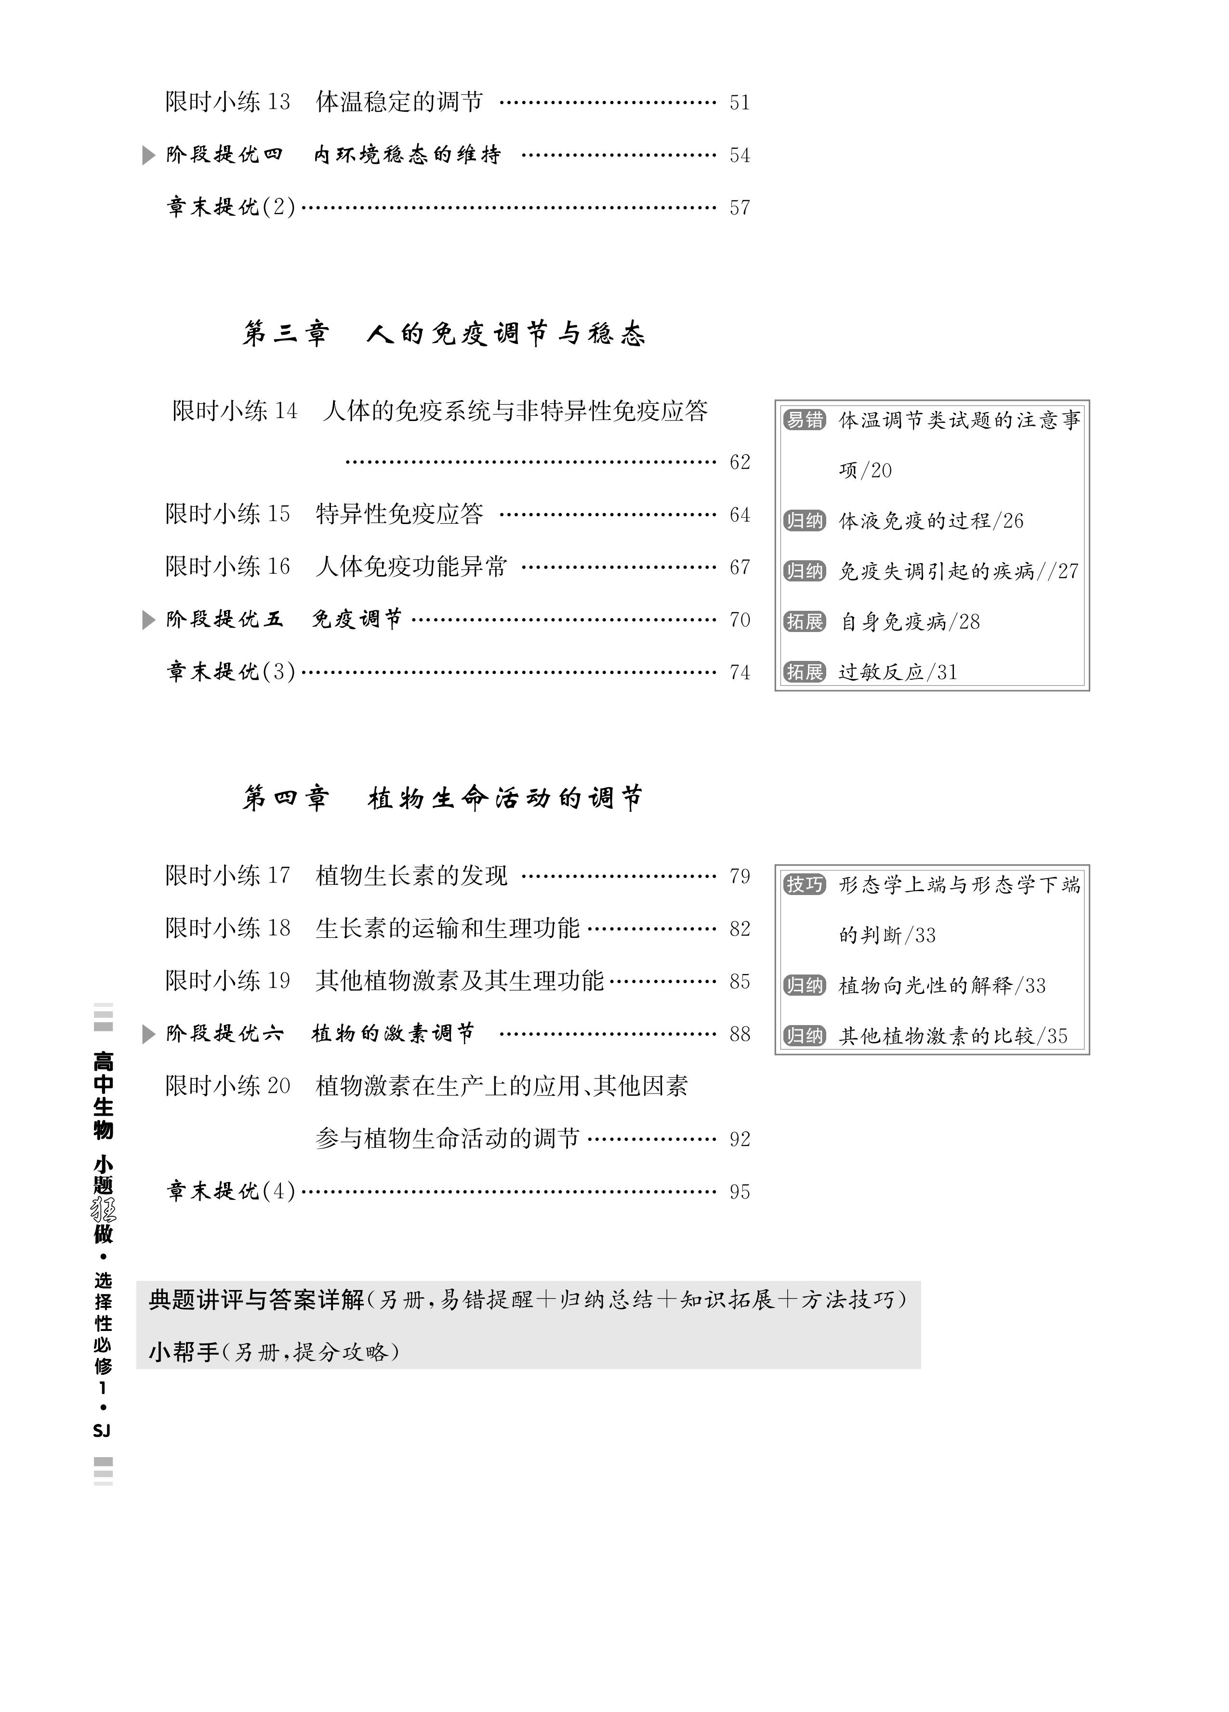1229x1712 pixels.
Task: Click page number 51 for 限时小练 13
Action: (x=739, y=103)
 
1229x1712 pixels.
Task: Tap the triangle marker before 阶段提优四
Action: (x=149, y=156)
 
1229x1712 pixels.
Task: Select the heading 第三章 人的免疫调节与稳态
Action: (x=443, y=334)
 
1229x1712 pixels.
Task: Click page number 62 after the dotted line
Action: (x=739, y=462)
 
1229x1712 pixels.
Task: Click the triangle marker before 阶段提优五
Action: (x=149, y=620)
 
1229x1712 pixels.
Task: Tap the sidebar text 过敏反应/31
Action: (x=898, y=672)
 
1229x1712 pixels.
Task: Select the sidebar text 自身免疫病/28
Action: (x=910, y=622)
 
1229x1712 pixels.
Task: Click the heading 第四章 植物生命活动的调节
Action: (x=443, y=798)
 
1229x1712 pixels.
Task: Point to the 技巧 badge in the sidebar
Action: (x=805, y=885)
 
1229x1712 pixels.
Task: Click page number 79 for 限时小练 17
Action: (x=739, y=876)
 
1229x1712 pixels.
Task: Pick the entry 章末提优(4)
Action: (x=230, y=1191)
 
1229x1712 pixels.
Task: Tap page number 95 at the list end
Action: (x=739, y=1192)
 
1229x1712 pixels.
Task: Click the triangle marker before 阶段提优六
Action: (x=149, y=1034)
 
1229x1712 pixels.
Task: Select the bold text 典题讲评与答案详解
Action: (x=257, y=1300)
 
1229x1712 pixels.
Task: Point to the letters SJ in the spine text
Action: (x=102, y=1431)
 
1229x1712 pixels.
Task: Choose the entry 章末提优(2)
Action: (x=230, y=207)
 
